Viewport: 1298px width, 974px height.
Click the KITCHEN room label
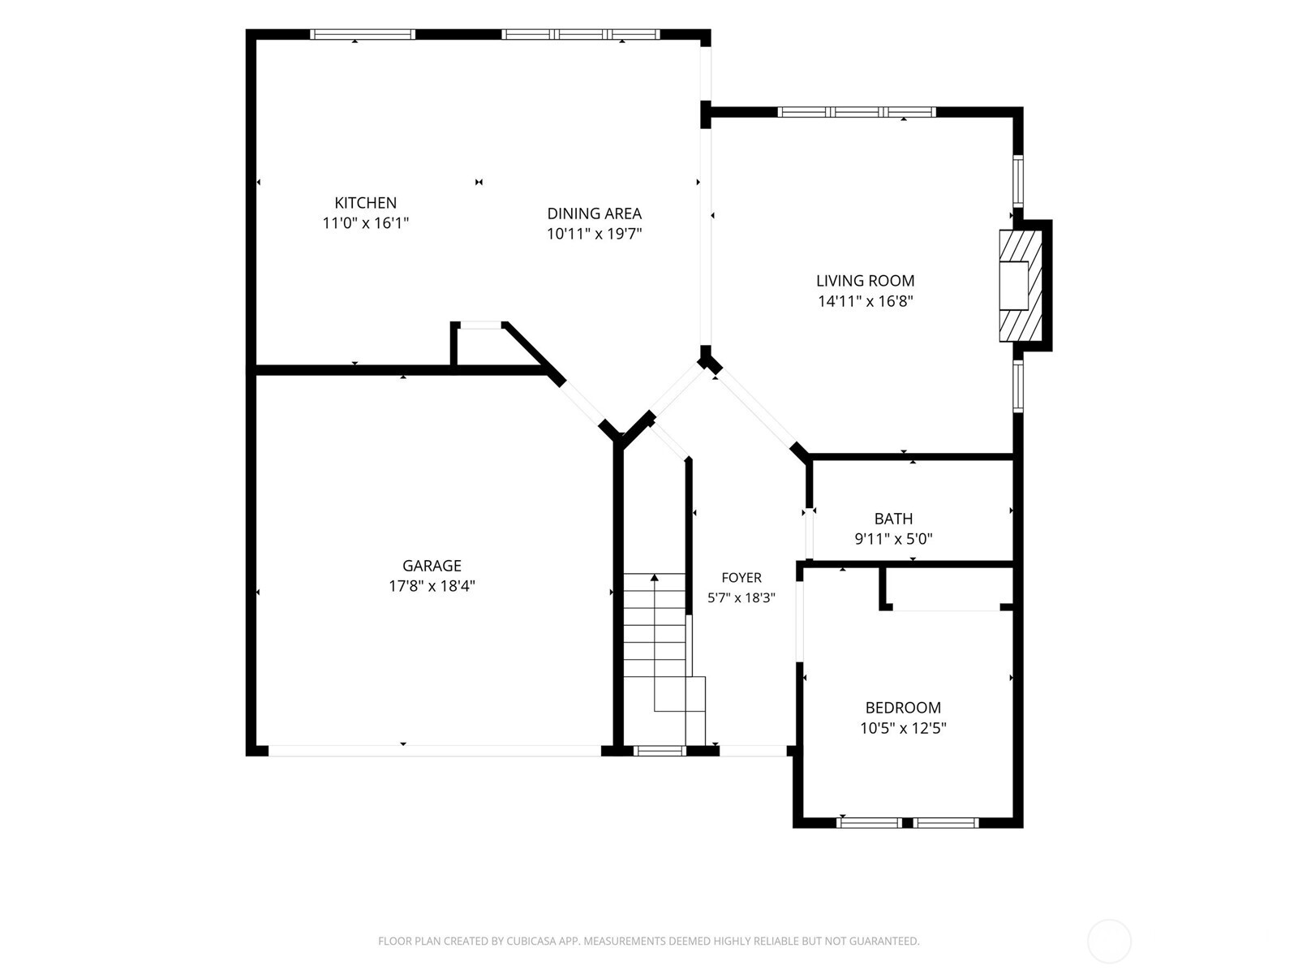point(365,203)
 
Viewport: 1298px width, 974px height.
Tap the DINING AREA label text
point(595,213)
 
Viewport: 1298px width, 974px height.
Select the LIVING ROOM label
point(865,281)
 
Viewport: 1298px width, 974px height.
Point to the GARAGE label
point(432,566)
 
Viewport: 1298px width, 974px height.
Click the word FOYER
point(741,578)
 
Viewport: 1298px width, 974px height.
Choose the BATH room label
point(893,519)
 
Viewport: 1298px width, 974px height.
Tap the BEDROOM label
point(903,708)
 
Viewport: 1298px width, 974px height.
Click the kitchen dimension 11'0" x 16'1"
point(365,223)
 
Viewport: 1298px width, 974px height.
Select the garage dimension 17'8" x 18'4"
point(432,586)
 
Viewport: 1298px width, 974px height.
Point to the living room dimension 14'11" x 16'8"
point(865,302)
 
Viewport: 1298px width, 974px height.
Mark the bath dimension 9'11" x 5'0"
point(893,539)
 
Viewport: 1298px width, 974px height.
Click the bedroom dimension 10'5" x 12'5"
point(903,728)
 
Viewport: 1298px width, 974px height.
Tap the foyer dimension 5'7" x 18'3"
point(741,598)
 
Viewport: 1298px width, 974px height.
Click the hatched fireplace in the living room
point(1021,286)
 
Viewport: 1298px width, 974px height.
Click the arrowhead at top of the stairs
point(654,577)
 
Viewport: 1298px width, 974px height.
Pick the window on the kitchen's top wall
point(363,34)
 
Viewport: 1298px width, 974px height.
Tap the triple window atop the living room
point(857,112)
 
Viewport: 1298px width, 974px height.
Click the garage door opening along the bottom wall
point(435,751)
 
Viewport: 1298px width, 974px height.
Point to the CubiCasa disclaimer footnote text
point(649,941)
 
